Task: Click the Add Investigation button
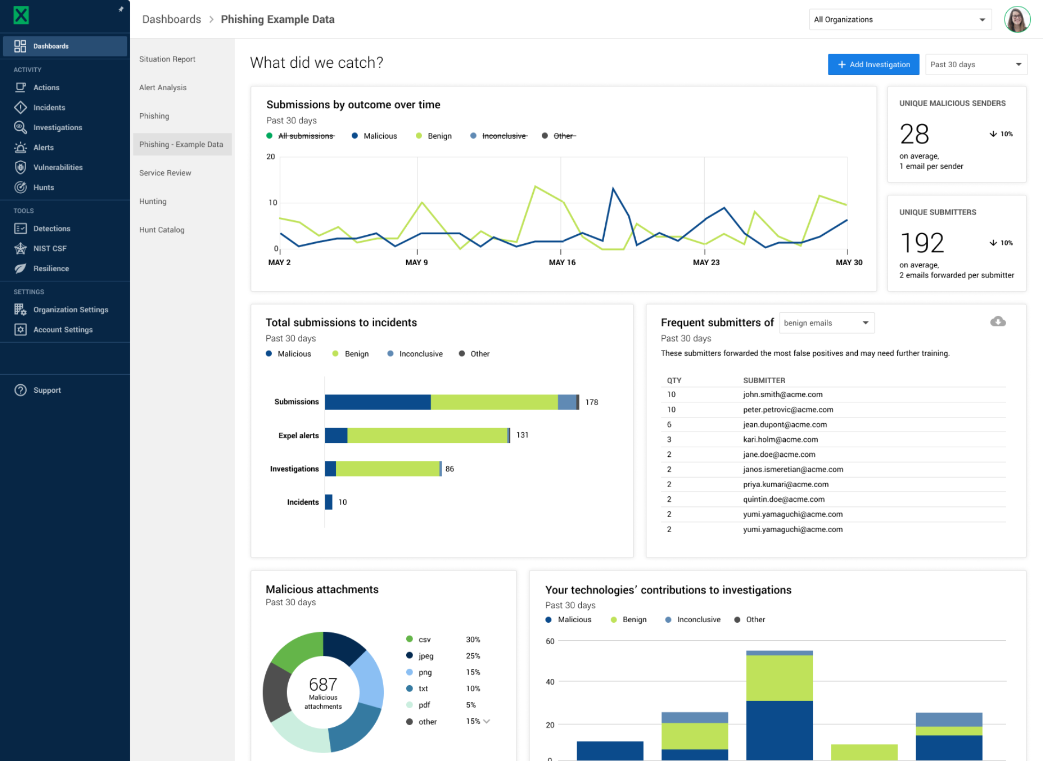tap(873, 65)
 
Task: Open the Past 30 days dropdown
tap(975, 65)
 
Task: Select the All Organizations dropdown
tap(899, 20)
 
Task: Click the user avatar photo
tap(1016, 20)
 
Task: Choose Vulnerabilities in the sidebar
tap(58, 168)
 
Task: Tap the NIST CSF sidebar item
tap(50, 249)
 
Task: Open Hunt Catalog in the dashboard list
tap(162, 230)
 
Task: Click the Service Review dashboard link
tap(165, 173)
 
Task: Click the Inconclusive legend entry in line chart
tap(503, 136)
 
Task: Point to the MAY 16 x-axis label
tap(562, 263)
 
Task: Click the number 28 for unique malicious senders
tap(914, 134)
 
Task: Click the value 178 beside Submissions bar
tap(591, 402)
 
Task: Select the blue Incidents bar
tap(328, 502)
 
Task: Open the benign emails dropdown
tap(826, 323)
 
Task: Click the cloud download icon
tap(998, 322)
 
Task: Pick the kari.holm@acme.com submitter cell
tap(780, 440)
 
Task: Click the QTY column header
tap(674, 380)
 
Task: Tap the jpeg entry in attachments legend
tap(425, 656)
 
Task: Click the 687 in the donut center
tap(323, 684)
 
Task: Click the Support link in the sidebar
tap(47, 390)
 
